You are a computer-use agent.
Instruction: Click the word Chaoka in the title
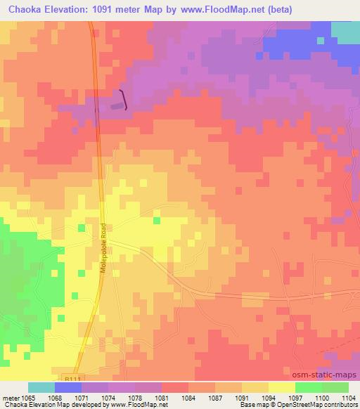point(25,9)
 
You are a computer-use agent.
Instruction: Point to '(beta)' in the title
point(276,9)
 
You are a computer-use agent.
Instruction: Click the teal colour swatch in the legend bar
point(41,387)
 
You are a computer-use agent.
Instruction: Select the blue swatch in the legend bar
point(67,387)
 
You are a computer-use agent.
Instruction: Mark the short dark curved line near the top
point(124,100)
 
